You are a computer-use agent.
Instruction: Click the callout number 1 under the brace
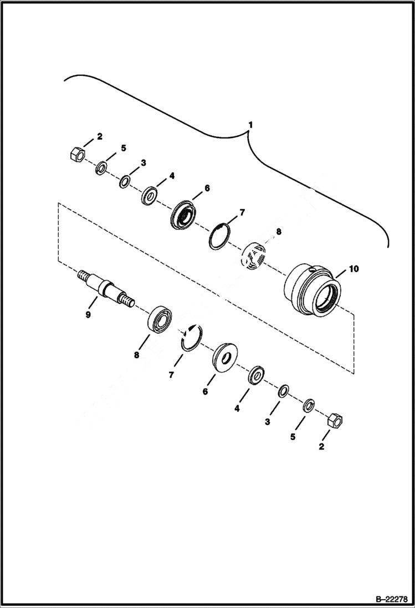coord(250,125)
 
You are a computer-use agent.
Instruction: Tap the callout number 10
coord(353,269)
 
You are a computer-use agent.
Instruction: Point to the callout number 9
coord(88,315)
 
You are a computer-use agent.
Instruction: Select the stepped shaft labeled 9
coord(105,285)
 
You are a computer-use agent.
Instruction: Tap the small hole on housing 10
coord(315,270)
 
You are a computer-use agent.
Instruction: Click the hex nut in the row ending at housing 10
coord(76,153)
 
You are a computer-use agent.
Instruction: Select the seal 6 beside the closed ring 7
coord(182,213)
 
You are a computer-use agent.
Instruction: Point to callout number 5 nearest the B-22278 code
coord(293,437)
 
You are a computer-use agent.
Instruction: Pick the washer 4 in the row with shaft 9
coord(256,375)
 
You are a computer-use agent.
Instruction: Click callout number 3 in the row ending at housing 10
coord(143,163)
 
